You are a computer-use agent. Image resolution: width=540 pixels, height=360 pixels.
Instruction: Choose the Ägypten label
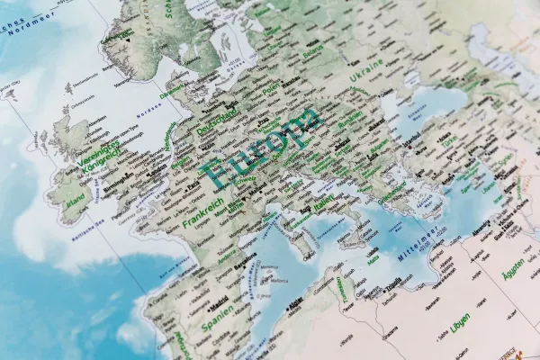pyautogui.click(x=514, y=269)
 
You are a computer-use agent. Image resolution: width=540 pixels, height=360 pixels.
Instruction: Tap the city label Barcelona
pyautogui.click(x=245, y=266)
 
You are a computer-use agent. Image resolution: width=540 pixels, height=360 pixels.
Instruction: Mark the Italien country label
pyautogui.click(x=322, y=202)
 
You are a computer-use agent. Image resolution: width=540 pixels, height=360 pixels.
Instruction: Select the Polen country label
pyautogui.click(x=270, y=90)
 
